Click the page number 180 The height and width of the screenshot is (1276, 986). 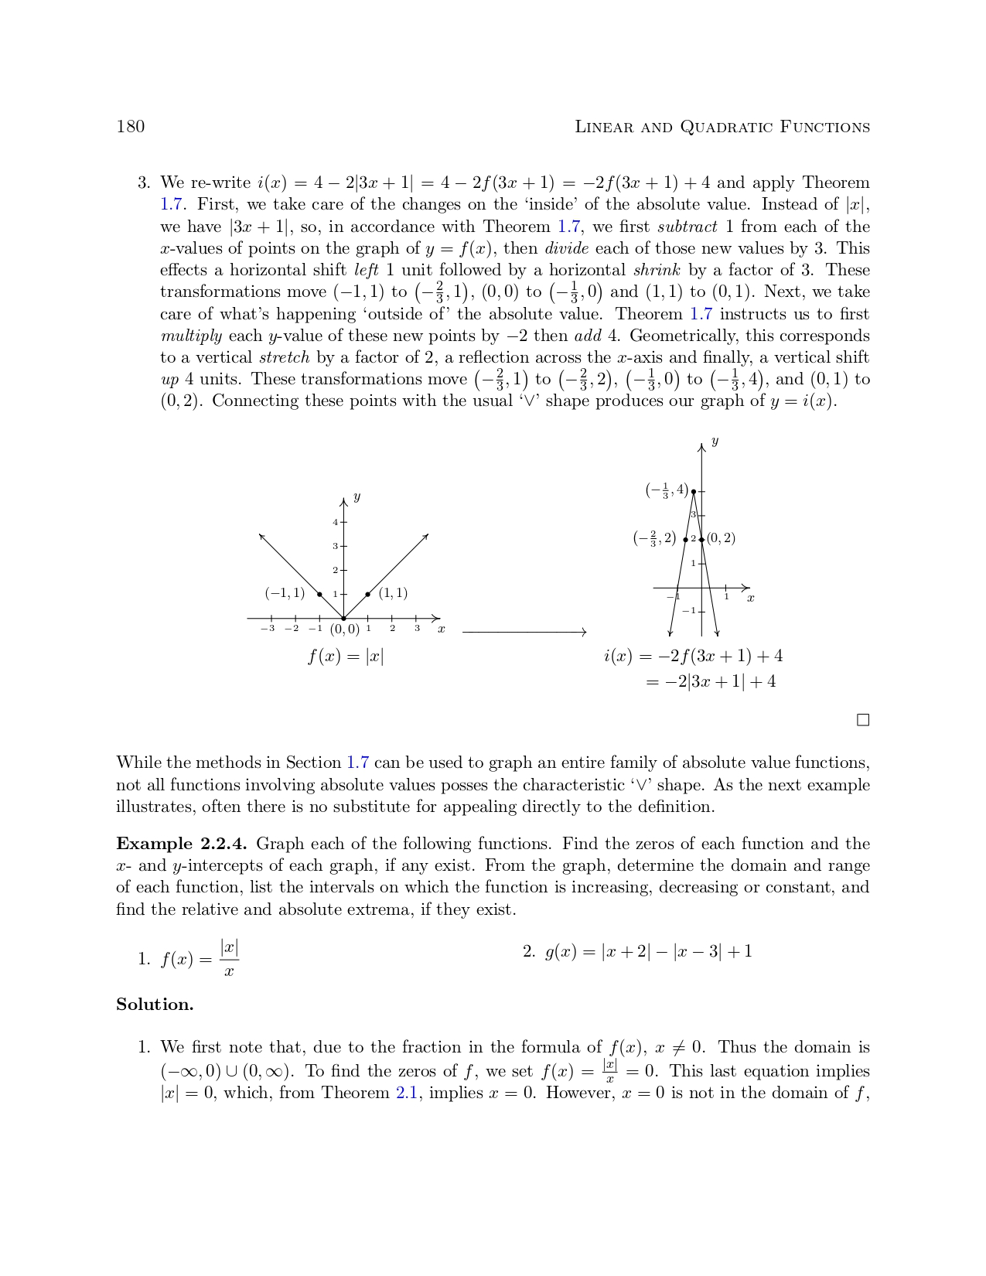pos(131,127)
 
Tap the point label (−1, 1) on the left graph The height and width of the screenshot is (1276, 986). pos(285,593)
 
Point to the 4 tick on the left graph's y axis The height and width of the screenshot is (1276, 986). pos(336,522)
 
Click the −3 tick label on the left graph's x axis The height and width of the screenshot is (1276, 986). pos(268,628)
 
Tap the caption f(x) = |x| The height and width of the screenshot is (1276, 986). pos(346,657)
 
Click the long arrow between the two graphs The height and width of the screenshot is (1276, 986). pos(524,633)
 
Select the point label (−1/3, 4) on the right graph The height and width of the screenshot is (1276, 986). pos(667,490)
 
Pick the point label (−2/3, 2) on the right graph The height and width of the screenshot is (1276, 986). pos(654,538)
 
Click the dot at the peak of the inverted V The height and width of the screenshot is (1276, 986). pos(694,491)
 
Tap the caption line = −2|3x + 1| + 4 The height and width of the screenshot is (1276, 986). pos(711,682)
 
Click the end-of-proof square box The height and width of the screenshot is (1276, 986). pos(863,720)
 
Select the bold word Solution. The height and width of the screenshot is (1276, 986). pos(155,1005)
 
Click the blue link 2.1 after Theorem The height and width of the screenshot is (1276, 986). pos(407,1093)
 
